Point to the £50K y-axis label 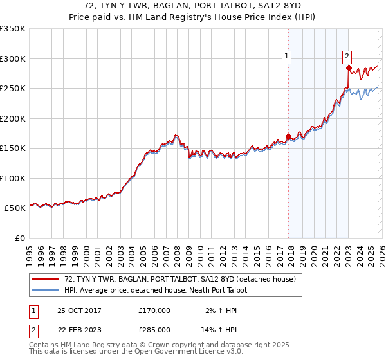point(14,208)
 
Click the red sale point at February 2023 point(348,67)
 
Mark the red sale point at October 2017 point(288,136)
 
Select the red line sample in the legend point(45,280)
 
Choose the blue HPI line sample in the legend point(45,291)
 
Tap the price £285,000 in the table point(154,329)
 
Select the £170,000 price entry point(154,310)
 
